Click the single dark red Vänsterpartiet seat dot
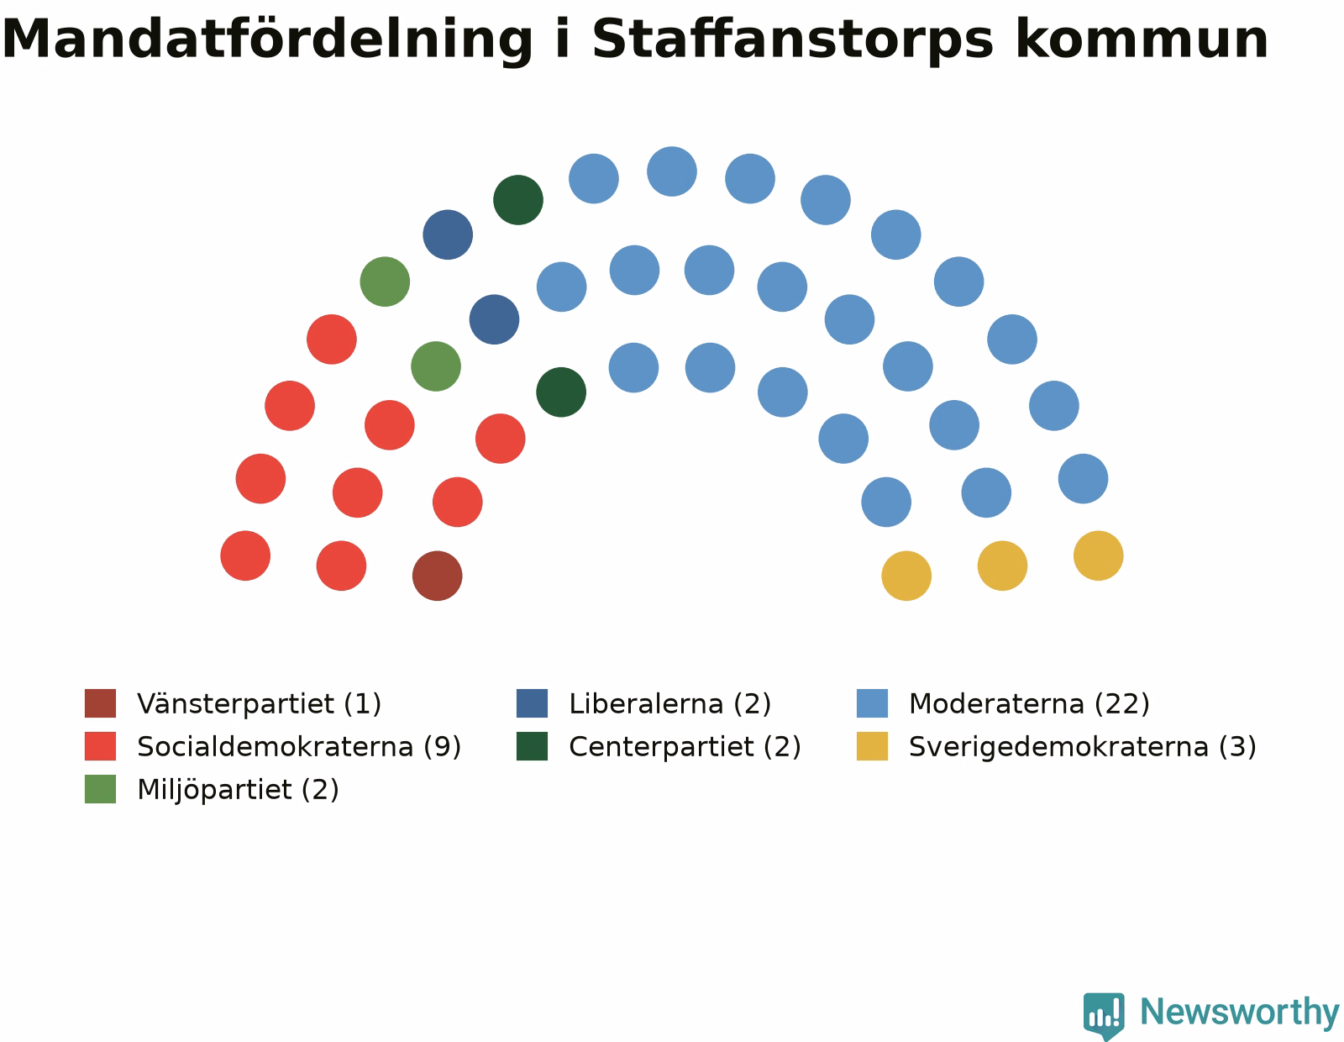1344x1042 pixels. [437, 576]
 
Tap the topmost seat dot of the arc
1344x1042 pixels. [671, 171]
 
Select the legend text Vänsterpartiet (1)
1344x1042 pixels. [259, 703]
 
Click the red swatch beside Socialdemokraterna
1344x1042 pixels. [100, 746]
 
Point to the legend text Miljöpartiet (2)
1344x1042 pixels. [238, 790]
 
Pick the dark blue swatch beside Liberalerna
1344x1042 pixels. [532, 703]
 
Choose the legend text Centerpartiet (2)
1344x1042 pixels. [685, 747]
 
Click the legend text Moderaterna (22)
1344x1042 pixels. [1028, 703]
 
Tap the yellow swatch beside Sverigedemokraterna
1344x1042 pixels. [871, 746]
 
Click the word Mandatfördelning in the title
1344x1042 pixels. [267, 39]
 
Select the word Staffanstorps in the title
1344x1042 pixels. [792, 39]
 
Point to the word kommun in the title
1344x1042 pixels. [1142, 39]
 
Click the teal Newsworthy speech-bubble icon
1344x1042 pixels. [1104, 1016]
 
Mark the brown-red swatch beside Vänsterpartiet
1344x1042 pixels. [100, 703]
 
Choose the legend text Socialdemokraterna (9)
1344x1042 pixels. [299, 747]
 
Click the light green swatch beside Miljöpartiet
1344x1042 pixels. [100, 789]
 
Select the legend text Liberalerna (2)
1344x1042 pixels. [669, 703]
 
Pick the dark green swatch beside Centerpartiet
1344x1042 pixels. [532, 746]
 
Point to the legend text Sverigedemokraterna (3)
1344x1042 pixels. [1083, 747]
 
